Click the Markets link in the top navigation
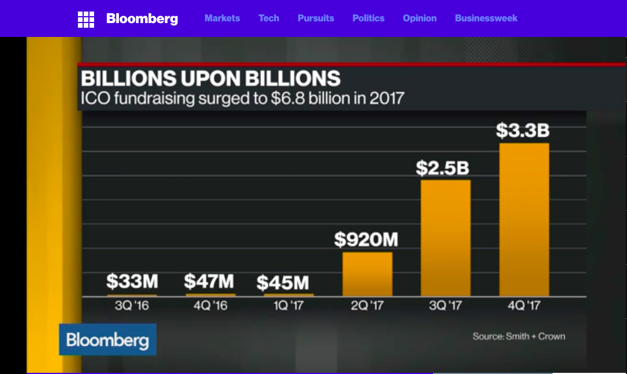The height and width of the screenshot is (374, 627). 222,18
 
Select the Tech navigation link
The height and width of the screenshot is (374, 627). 269,18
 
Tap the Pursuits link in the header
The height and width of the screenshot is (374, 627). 316,18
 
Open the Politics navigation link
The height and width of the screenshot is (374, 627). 368,18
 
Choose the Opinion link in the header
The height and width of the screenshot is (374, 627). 420,18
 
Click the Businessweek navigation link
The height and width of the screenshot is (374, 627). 486,18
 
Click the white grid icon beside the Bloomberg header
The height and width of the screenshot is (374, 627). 86,20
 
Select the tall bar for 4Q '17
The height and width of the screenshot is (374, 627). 524,220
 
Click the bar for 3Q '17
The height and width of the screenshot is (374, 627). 446,238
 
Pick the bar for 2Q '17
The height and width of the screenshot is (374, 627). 367,274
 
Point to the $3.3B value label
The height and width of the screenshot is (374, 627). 523,131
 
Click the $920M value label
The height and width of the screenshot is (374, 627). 366,239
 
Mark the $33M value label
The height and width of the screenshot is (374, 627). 132,282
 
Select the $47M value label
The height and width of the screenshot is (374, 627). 209,282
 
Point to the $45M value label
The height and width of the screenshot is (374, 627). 283,283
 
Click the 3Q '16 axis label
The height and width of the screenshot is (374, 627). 132,305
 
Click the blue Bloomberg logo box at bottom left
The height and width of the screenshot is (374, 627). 107,339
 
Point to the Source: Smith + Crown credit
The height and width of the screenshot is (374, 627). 519,336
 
